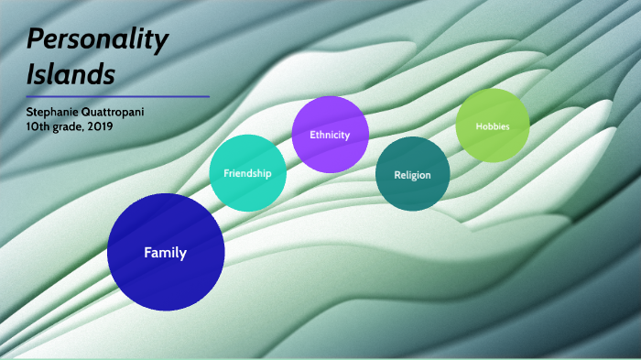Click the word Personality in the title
click(x=97, y=39)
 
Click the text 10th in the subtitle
click(x=38, y=125)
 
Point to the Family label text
click(x=165, y=253)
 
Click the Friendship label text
click(x=247, y=172)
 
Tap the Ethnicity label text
click(x=330, y=135)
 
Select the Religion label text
click(x=412, y=174)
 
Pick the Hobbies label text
click(x=493, y=125)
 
